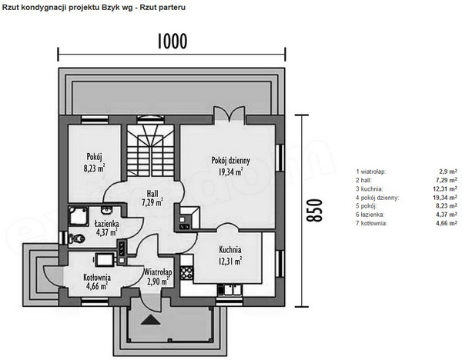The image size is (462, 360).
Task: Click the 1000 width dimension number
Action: [172, 42]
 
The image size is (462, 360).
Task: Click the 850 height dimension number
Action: [314, 210]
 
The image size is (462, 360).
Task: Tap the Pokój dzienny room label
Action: [231, 161]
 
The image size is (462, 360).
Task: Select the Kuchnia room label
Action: [230, 250]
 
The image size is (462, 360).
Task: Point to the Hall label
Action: [152, 194]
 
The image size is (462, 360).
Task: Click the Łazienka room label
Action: [107, 223]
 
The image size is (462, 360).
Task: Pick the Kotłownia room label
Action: [97, 277]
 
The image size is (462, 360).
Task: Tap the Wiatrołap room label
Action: [158, 272]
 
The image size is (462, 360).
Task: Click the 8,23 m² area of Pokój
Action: [94, 168]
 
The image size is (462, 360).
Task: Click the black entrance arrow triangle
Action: [151, 320]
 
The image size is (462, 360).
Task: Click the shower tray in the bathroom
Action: [79, 216]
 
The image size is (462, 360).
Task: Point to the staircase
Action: [151, 151]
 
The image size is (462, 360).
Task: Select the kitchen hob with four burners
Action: [187, 273]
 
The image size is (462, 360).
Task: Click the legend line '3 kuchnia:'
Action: [370, 188]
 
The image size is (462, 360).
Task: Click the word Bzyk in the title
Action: [110, 8]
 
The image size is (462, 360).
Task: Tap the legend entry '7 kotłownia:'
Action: [372, 223]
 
